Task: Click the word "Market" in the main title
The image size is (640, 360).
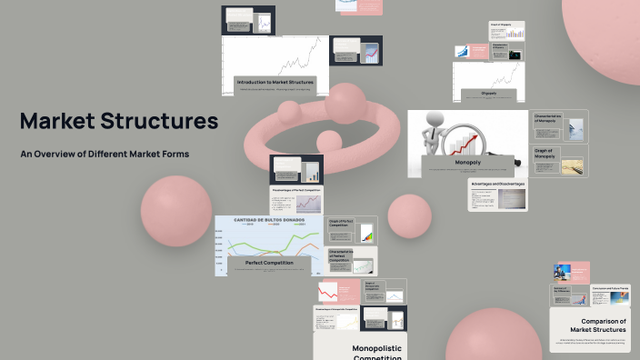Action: pyautogui.click(x=59, y=121)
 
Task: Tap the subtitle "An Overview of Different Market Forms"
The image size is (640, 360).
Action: pyautogui.click(x=105, y=154)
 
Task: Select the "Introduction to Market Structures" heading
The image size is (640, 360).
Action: pyautogui.click(x=274, y=82)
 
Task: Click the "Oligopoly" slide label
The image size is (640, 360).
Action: pyautogui.click(x=489, y=92)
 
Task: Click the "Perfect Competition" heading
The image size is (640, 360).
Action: pyautogui.click(x=269, y=263)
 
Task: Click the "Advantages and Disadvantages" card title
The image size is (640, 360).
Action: pyautogui.click(x=497, y=183)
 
